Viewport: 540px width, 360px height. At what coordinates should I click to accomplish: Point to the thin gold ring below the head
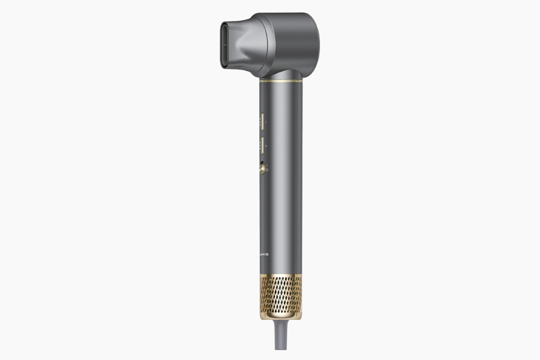tap(281, 81)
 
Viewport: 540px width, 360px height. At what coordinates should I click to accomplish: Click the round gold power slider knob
tap(262, 169)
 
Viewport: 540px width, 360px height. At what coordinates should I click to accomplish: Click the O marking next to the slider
tap(267, 170)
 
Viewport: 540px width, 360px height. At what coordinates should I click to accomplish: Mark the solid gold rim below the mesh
tap(281, 317)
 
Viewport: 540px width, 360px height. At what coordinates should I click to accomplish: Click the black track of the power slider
tap(261, 163)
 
